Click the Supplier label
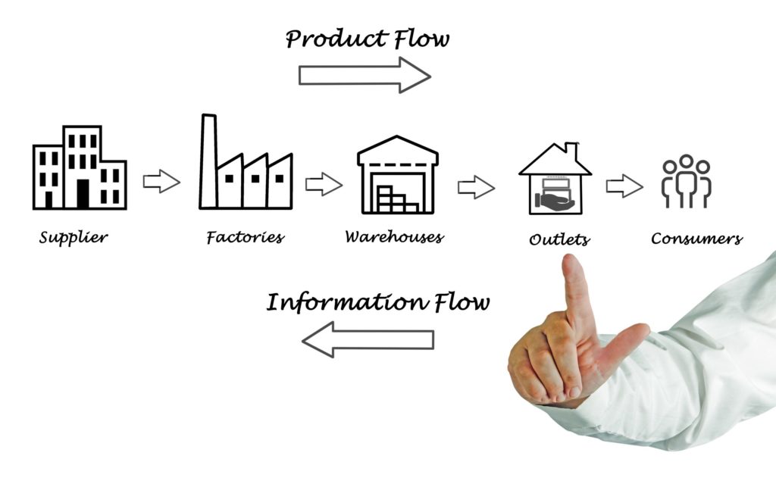pos(73,238)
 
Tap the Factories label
pos(245,238)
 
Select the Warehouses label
pos(394,237)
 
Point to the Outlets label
pos(559,240)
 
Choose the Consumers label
pos(696,239)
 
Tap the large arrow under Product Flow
pos(365,75)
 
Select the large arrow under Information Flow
pos(368,339)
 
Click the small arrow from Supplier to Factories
pos(161,181)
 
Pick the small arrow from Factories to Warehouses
pos(324,184)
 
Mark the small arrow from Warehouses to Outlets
pos(476,186)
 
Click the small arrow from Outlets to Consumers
pos(624,185)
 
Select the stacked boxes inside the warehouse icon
pos(396,198)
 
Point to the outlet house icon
pos(555,180)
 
